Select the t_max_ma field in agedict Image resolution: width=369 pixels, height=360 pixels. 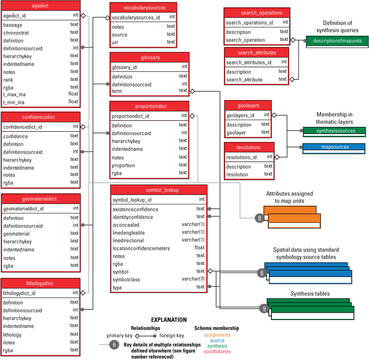pos(14,95)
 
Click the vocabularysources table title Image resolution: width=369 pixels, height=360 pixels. pos(144,8)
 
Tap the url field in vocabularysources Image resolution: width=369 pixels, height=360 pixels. pos(116,43)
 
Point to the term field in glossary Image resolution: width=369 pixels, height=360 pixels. pos(117,91)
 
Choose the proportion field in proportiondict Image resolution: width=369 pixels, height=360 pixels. pos(123,166)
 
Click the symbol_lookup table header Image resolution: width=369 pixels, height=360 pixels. pos(159,190)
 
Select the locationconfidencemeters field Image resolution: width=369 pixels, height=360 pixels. pos(141,248)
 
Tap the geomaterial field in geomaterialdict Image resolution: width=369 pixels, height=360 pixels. pos(16,234)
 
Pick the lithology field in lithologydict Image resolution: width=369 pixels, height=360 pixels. pos(12,335)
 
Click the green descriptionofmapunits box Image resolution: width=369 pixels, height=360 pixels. pos(337,41)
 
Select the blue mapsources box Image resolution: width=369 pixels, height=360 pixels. pos(334,147)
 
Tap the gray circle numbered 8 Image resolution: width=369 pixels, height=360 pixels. pos(260,218)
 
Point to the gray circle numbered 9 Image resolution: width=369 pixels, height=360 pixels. pos(265,308)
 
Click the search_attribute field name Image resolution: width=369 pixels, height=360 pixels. pos(244,80)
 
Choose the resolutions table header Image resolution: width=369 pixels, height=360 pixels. pos(249,148)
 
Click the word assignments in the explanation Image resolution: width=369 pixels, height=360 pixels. pos(217,335)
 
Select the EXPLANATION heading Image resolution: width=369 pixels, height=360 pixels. pos(169,320)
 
